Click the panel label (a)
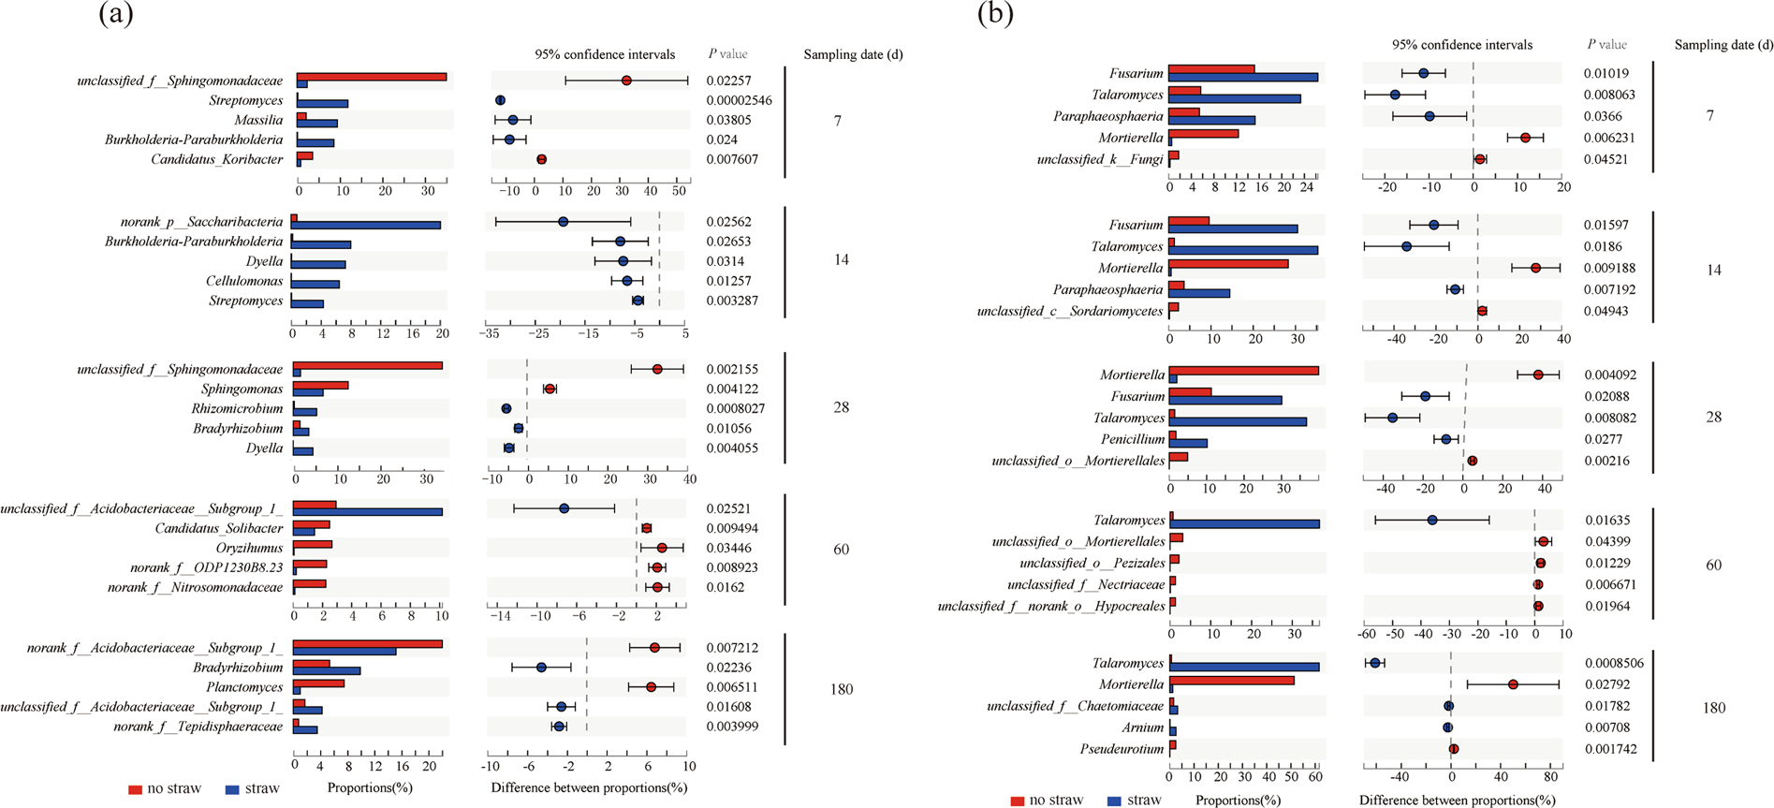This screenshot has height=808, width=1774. coord(116,14)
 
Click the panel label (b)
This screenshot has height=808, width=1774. coord(995,14)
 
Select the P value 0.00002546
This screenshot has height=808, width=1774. coord(739,100)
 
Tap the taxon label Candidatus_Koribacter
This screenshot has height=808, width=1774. coord(216,159)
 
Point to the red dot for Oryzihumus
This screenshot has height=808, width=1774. coord(662,548)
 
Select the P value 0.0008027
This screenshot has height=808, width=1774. coord(735,408)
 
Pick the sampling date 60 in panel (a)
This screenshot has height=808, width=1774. coord(841,549)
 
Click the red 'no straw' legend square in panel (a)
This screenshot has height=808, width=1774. coord(135,789)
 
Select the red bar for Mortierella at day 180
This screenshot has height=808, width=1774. coord(1232,681)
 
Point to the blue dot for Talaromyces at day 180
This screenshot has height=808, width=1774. coord(1374,663)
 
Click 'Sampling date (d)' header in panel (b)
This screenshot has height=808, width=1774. coord(1723,44)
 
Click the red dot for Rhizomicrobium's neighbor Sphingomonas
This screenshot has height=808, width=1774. coord(550,389)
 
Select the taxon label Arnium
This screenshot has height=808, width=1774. coord(1142,727)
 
